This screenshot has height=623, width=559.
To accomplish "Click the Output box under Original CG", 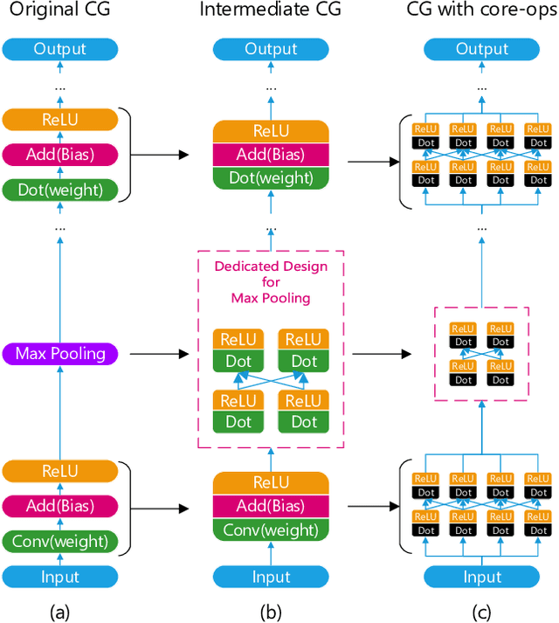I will click(x=60, y=49).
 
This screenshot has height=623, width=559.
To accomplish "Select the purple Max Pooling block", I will click(x=60, y=354).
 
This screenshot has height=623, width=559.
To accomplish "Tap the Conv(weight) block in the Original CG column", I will click(x=60, y=541).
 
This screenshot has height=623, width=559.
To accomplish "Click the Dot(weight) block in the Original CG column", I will click(x=60, y=189).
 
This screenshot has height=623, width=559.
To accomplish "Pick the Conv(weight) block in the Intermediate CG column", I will click(x=271, y=530).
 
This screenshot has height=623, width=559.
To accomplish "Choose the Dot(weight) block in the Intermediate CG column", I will click(x=271, y=177).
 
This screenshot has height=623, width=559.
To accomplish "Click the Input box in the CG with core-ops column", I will click(x=481, y=577).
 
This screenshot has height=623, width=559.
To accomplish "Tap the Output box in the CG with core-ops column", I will click(x=481, y=49).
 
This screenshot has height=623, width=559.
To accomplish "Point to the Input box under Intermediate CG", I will click(x=271, y=577).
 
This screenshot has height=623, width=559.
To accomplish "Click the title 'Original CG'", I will click(x=60, y=11).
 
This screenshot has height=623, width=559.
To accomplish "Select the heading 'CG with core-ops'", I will click(x=481, y=11).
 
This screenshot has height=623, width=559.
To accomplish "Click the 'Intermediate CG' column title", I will click(x=271, y=11).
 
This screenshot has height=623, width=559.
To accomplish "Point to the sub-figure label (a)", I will click(x=60, y=611).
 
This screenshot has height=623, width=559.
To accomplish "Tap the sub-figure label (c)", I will click(x=481, y=611).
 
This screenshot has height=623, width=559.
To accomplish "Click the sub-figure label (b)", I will click(x=271, y=611).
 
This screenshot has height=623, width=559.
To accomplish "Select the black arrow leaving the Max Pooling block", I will click(x=157, y=354).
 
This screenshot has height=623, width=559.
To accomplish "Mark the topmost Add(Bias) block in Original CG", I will click(x=60, y=154).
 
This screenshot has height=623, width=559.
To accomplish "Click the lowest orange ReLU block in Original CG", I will click(x=60, y=471).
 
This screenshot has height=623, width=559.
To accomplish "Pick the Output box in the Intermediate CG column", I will click(x=271, y=49).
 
